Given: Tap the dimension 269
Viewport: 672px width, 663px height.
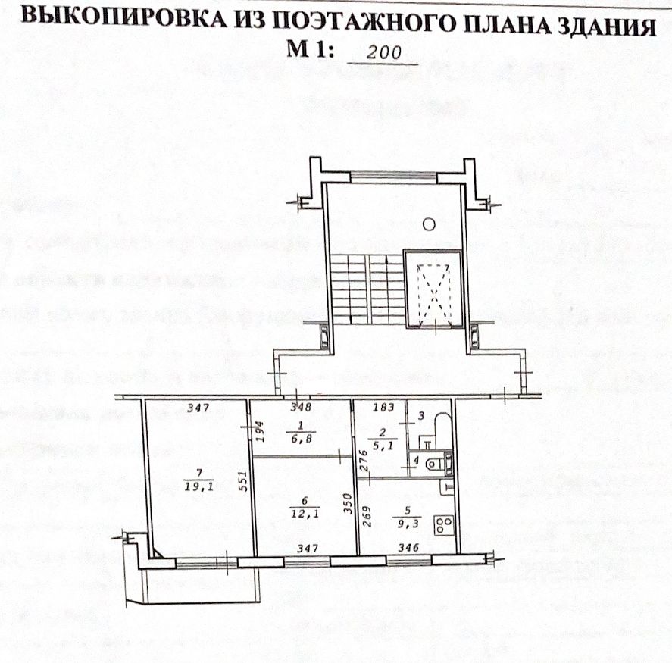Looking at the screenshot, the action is (364, 521).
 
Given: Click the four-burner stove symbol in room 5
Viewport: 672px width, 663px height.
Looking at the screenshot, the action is (442, 524).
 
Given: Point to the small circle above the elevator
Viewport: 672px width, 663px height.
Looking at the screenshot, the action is (428, 224).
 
